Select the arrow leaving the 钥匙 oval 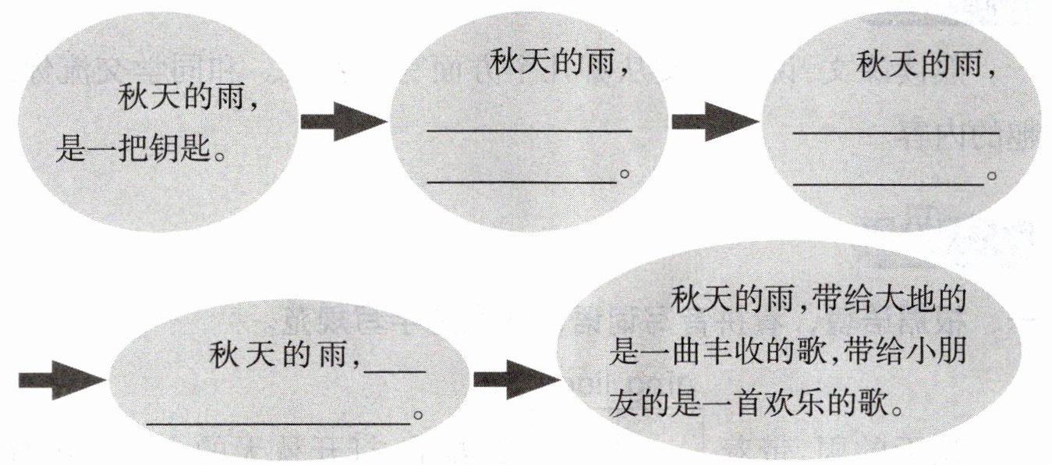point(342,122)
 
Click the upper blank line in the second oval point(529,130)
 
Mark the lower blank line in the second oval point(522,182)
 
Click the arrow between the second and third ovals point(714,122)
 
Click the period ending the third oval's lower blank point(992,177)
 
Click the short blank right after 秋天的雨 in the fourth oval point(395,370)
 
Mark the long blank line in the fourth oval point(278,423)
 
